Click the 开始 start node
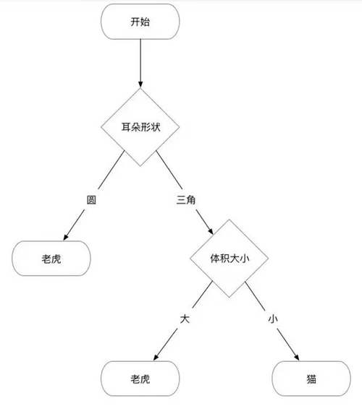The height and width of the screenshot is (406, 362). tap(140, 22)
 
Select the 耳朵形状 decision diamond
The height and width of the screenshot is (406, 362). tap(140, 127)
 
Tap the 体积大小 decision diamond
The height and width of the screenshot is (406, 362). tap(230, 259)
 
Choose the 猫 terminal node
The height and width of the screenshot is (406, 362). tap(311, 379)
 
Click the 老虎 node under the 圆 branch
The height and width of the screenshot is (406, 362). tap(51, 259)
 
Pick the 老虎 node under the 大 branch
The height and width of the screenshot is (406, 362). tap(140, 379)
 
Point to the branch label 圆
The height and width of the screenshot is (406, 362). tap(91, 200)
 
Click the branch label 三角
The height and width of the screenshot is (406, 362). tap(186, 200)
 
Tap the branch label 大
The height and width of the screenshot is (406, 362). tap(185, 319)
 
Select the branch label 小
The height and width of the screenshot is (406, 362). tap(273, 319)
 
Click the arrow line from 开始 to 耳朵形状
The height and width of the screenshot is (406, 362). tap(140, 64)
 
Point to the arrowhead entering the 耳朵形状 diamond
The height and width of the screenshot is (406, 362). tap(140, 85)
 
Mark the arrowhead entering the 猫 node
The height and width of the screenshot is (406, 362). tap(296, 358)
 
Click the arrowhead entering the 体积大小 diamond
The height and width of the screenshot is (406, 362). tap(211, 231)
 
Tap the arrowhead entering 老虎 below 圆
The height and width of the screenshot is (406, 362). tap(66, 237)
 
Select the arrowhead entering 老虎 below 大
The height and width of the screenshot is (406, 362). tap(156, 358)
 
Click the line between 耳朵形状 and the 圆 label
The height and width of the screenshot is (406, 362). tap(111, 170)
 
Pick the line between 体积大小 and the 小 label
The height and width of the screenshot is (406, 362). tap(256, 296)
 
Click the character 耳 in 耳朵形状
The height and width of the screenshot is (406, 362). tap(126, 127)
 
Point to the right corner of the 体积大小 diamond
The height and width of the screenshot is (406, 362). tap(269, 259)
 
